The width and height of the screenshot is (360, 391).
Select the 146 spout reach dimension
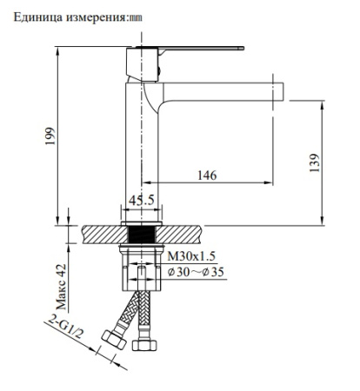[x=207, y=175]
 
